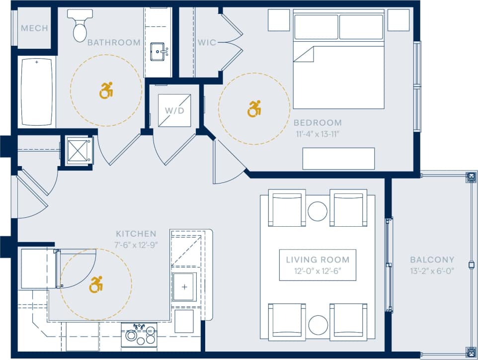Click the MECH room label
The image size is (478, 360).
pyautogui.click(x=34, y=28)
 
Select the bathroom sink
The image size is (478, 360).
pyautogui.click(x=159, y=51)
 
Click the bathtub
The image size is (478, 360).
pyautogui.click(x=37, y=91)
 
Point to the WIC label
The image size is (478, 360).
pyautogui.click(x=207, y=43)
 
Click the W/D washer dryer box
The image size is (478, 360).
pyautogui.click(x=174, y=110)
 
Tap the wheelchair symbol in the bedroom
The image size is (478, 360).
pyautogui.click(x=254, y=108)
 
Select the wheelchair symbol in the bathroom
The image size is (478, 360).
pyautogui.click(x=106, y=90)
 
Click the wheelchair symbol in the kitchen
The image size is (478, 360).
pyautogui.click(x=96, y=284)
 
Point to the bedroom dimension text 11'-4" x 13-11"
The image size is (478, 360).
pyautogui.click(x=317, y=133)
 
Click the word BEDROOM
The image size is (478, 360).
pyautogui.click(x=317, y=122)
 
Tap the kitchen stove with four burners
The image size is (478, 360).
pyautogui.click(x=139, y=335)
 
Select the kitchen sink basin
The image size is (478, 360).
pyautogui.click(x=184, y=287)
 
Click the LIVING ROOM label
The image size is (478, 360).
pyautogui.click(x=318, y=260)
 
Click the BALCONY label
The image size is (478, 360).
pyautogui.click(x=432, y=260)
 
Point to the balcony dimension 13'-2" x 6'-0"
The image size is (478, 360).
pyautogui.click(x=432, y=270)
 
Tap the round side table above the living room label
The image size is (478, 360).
pyautogui.click(x=318, y=211)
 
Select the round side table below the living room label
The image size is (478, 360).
pyautogui.click(x=318, y=325)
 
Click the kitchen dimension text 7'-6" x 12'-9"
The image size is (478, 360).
pyautogui.click(x=136, y=245)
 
